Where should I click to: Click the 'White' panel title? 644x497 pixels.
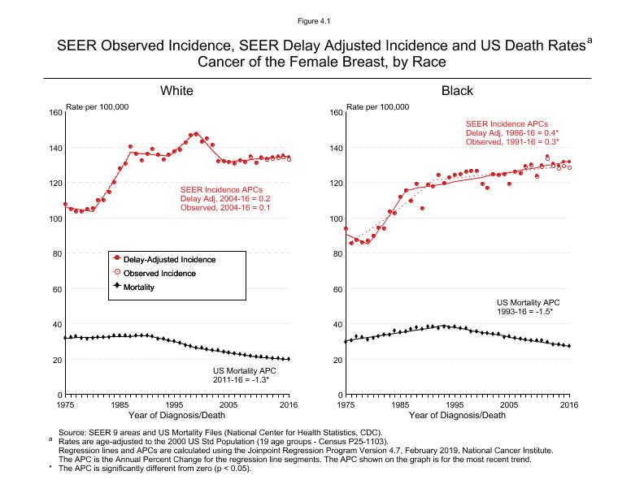pos(176,91)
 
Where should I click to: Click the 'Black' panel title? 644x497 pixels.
pos(457,91)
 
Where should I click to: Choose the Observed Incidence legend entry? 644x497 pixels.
pos(165,274)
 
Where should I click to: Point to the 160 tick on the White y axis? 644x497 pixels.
pos(54,112)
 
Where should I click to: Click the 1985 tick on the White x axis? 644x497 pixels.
pos(120,404)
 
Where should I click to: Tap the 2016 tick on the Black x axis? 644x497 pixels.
pos(569,404)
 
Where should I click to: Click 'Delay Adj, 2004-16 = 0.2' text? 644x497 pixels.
pos(224,199)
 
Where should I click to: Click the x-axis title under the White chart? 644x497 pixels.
pos(176,416)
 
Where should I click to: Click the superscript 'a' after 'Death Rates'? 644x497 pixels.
pos(590,37)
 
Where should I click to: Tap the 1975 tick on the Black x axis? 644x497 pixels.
pos(346,404)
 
